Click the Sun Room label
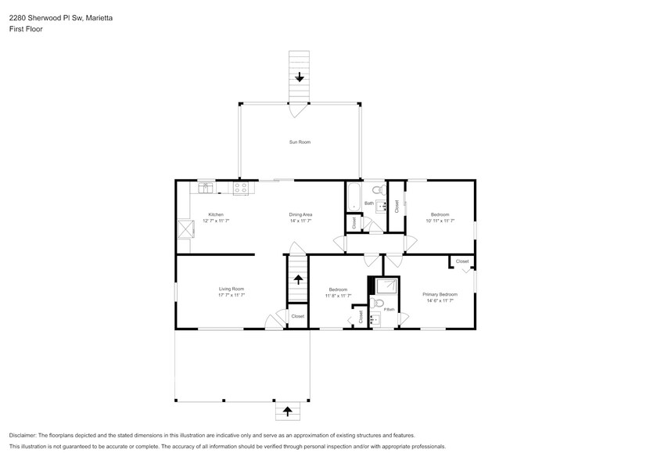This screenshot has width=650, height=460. tap(300, 142)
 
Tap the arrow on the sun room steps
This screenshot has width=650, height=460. tap(299, 77)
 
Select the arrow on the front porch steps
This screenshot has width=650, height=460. tap(287, 411)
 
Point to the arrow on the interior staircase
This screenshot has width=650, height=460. tap(297, 279)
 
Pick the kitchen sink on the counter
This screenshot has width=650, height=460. tap(206, 187)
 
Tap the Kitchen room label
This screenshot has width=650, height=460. tap(216, 214)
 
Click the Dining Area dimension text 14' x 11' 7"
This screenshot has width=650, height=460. tap(301, 221)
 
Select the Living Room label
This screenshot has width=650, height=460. tap(232, 289)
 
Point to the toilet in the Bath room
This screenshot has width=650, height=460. tap(377, 189)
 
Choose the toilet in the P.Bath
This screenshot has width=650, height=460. tap(379, 303)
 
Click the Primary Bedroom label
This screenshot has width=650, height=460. tap(440, 294)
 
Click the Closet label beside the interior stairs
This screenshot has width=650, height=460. tap(297, 316)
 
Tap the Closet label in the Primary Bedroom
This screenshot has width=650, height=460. tap(461, 261)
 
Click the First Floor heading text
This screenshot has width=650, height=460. tap(26, 29)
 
